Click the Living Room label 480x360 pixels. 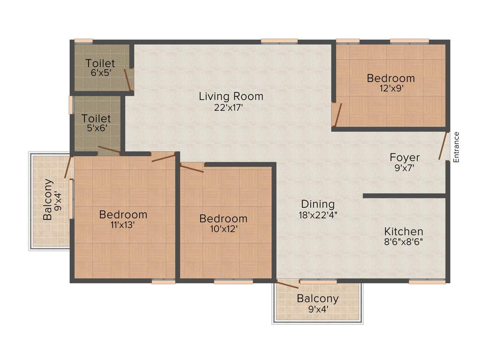pyautogui.click(x=231, y=97)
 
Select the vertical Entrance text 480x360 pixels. pyautogui.click(x=457, y=147)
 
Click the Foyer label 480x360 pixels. pyautogui.click(x=405, y=157)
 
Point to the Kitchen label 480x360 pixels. pyautogui.click(x=404, y=232)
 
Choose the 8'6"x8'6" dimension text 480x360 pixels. pyautogui.click(x=404, y=242)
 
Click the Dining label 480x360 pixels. pyautogui.click(x=318, y=204)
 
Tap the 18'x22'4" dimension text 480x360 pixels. pyautogui.click(x=318, y=215)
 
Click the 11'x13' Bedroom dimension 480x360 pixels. pyautogui.click(x=123, y=225)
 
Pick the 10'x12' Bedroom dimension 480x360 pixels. pyautogui.click(x=223, y=229)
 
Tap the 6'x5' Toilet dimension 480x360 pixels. pyautogui.click(x=100, y=73)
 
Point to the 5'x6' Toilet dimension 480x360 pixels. pyautogui.click(x=96, y=128)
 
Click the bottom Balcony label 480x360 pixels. pyautogui.click(x=317, y=299)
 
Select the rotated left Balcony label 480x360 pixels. pyautogui.click(x=48, y=200)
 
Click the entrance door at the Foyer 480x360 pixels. pyautogui.click(x=442, y=146)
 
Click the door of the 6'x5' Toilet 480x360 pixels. pyautogui.click(x=127, y=79)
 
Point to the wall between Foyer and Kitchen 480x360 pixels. pyautogui.click(x=404, y=195)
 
